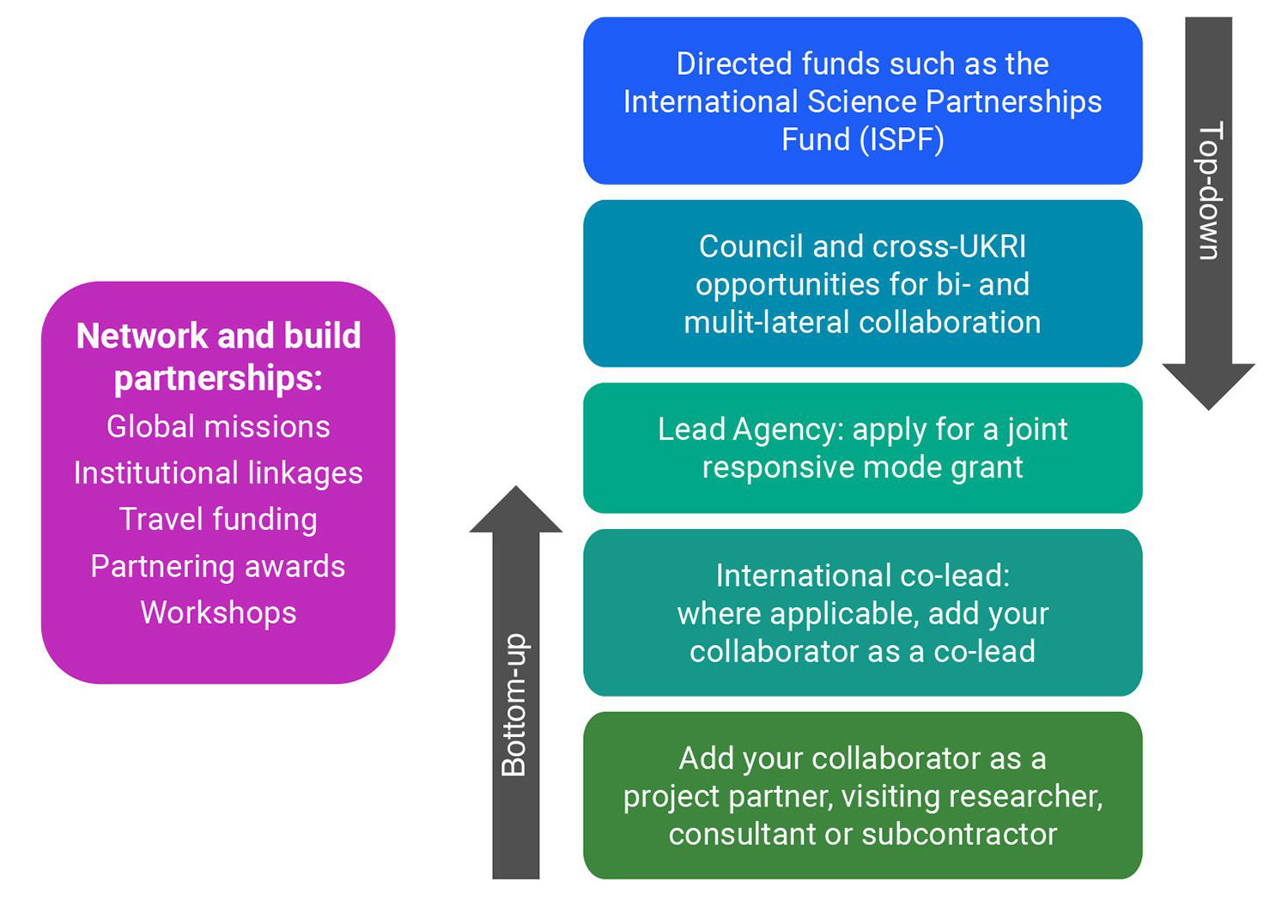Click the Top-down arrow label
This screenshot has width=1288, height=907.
[x=1209, y=191]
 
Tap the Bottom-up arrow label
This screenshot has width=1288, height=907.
[x=514, y=704]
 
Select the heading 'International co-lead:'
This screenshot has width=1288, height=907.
[x=862, y=575]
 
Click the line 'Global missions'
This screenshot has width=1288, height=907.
[x=218, y=427]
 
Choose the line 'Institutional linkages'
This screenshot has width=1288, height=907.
[x=218, y=473]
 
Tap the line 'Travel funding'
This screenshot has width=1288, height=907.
[x=218, y=520]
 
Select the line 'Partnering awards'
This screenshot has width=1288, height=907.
[x=218, y=567]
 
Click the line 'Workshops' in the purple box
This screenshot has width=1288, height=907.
[x=218, y=613]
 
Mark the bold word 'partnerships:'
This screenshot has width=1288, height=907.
[x=218, y=379]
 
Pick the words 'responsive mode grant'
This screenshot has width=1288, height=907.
[x=862, y=467]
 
